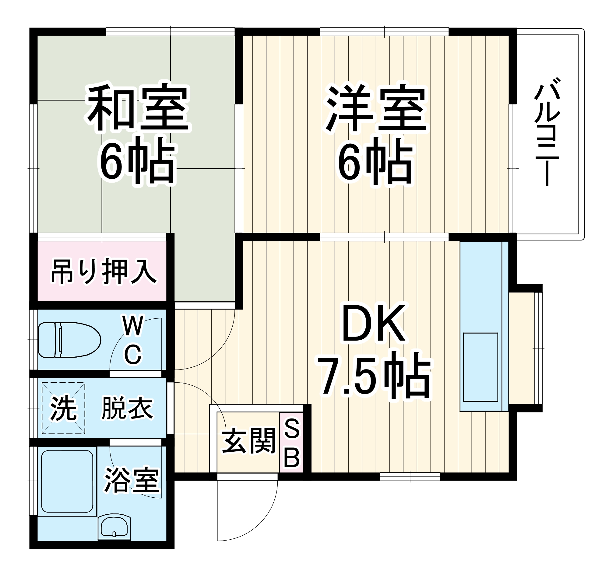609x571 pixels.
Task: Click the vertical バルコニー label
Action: point(547,132)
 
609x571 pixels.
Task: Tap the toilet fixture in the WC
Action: point(69,340)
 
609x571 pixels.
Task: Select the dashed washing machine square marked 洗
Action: point(63,408)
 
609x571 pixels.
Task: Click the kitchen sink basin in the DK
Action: point(480,367)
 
